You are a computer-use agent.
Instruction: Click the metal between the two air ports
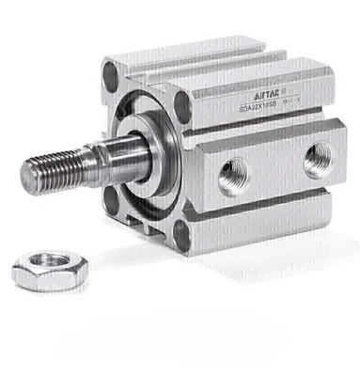[x=275, y=168]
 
